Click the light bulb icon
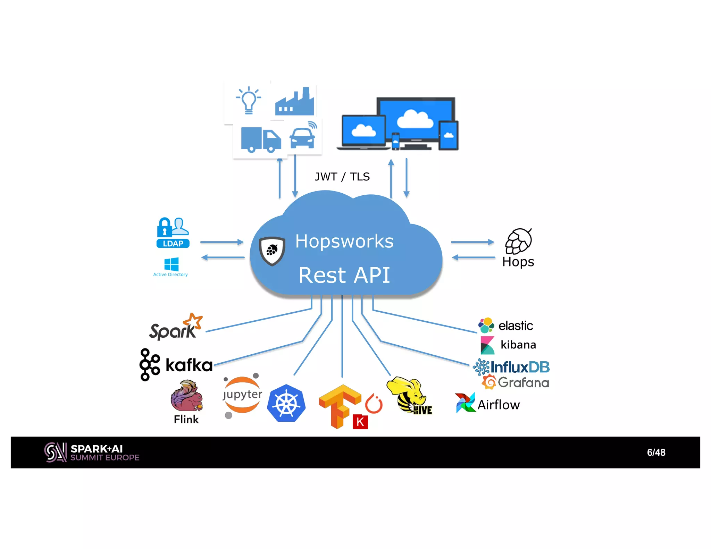coord(248,100)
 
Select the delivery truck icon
coord(260,140)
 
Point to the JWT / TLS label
coord(342,177)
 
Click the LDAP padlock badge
coord(173,233)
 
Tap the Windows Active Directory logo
coord(171,264)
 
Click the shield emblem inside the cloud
coord(272,251)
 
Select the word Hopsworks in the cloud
coord(344,241)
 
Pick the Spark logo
coord(176,327)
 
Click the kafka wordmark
coord(189,365)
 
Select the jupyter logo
coord(242,395)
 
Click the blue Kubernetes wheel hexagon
coord(286,404)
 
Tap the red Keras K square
coord(360,422)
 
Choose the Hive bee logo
coord(408,396)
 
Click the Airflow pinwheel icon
coord(465,403)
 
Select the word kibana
coord(518,345)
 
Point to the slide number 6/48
coord(656,453)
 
